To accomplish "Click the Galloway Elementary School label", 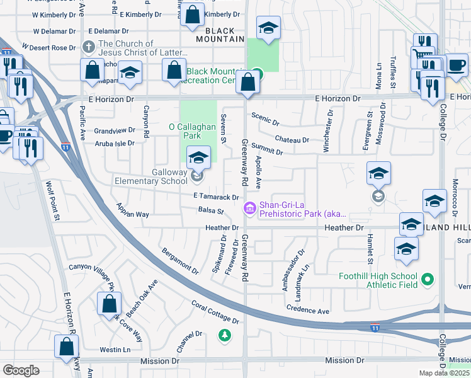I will pyautogui.click(x=161, y=176).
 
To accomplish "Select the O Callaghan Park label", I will pyautogui.click(x=193, y=131).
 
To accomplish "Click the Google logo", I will pyautogui.click(x=21, y=370).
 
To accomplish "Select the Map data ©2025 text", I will pyautogui.click(x=444, y=373).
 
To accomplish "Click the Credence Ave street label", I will pyautogui.click(x=308, y=311).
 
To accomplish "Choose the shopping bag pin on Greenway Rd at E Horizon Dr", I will pyautogui.click(x=249, y=82).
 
